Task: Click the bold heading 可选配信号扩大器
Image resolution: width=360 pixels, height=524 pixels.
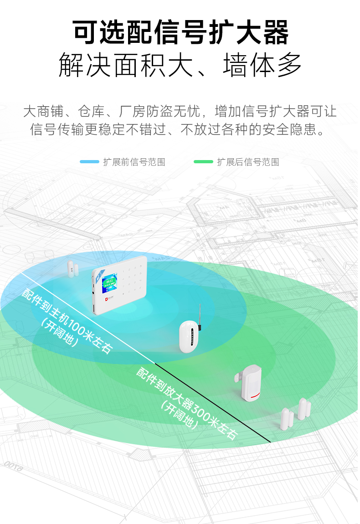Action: [x=180, y=32]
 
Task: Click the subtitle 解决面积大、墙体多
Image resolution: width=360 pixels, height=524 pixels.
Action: [x=180, y=65]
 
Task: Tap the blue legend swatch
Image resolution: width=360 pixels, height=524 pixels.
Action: [x=89, y=162]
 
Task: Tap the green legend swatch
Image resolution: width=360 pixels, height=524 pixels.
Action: [x=203, y=162]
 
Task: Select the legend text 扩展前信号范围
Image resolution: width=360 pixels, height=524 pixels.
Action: [x=134, y=162]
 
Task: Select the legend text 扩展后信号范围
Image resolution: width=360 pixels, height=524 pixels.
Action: [x=248, y=162]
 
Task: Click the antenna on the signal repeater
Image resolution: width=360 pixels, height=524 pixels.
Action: [x=199, y=315]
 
